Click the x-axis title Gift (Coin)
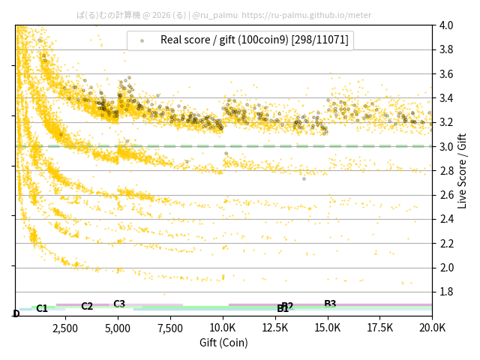click(223, 343)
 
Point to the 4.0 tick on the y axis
click(446, 25)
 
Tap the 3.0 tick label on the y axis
click(446, 146)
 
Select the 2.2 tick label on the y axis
click(446, 243)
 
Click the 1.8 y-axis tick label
click(446, 292)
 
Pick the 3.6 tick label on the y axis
click(446, 74)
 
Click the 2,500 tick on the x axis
click(65, 328)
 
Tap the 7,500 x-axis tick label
click(170, 328)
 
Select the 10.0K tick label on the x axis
click(223, 328)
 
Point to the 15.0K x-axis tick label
click(327, 328)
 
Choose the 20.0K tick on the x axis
click(432, 328)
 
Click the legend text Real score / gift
click(254, 40)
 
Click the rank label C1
click(42, 308)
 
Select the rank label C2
click(87, 306)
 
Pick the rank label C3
click(119, 304)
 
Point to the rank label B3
click(330, 304)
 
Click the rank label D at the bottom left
click(16, 313)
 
